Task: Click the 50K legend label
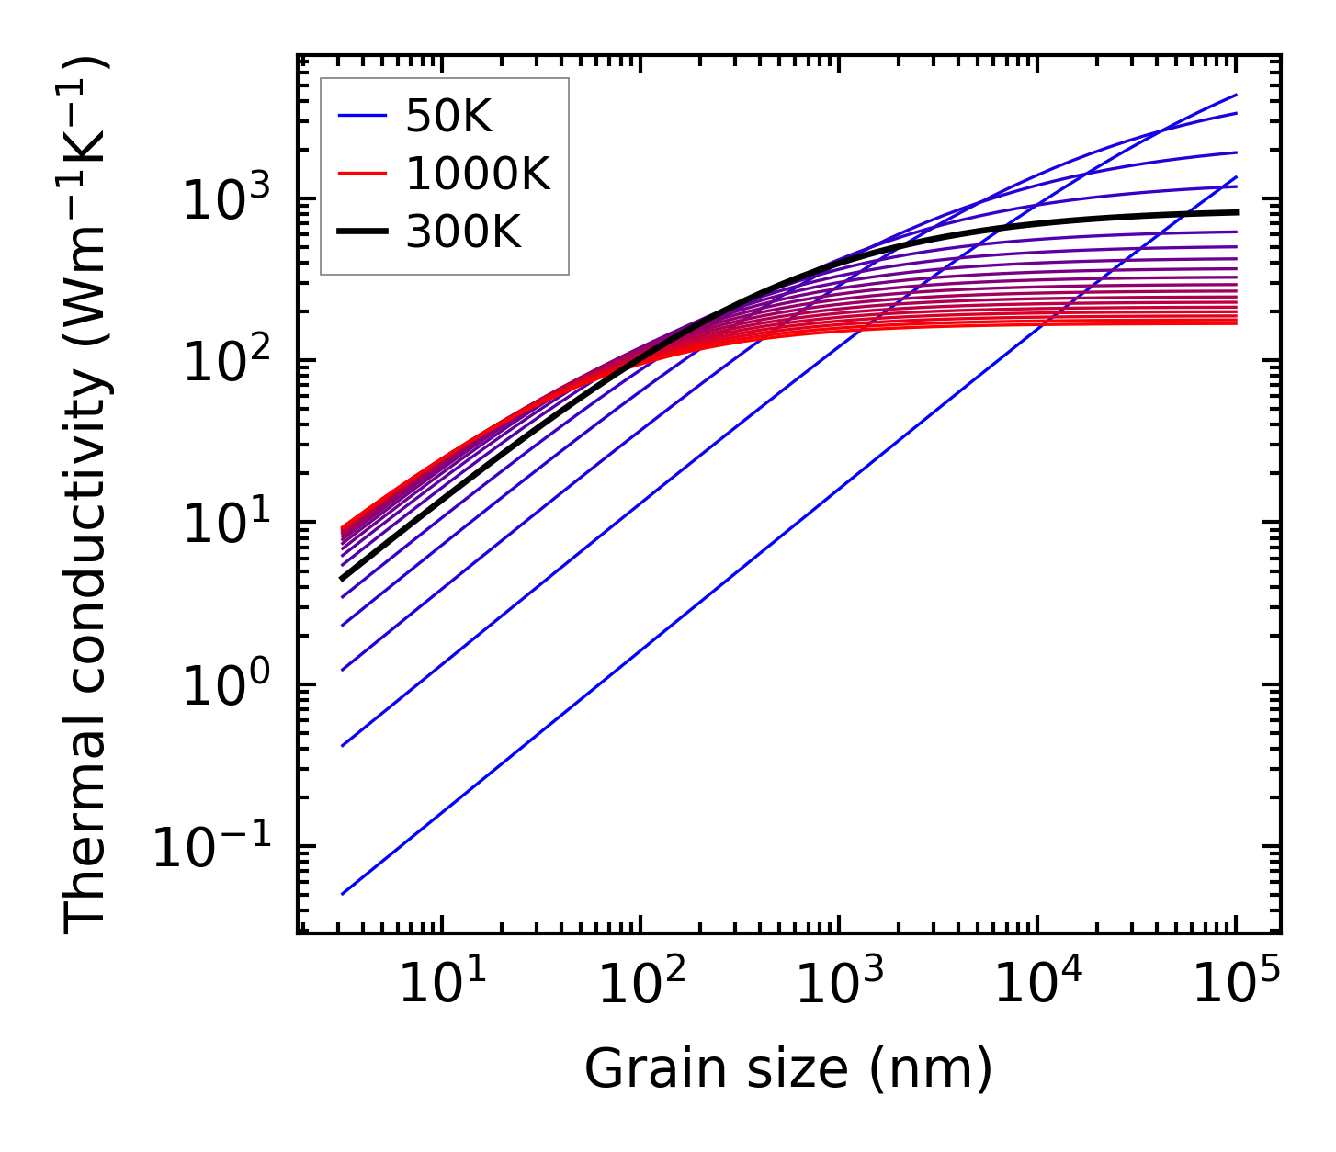(448, 117)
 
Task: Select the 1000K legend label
(478, 175)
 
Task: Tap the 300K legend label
(463, 232)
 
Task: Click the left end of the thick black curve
(342, 579)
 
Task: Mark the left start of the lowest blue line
(342, 894)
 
